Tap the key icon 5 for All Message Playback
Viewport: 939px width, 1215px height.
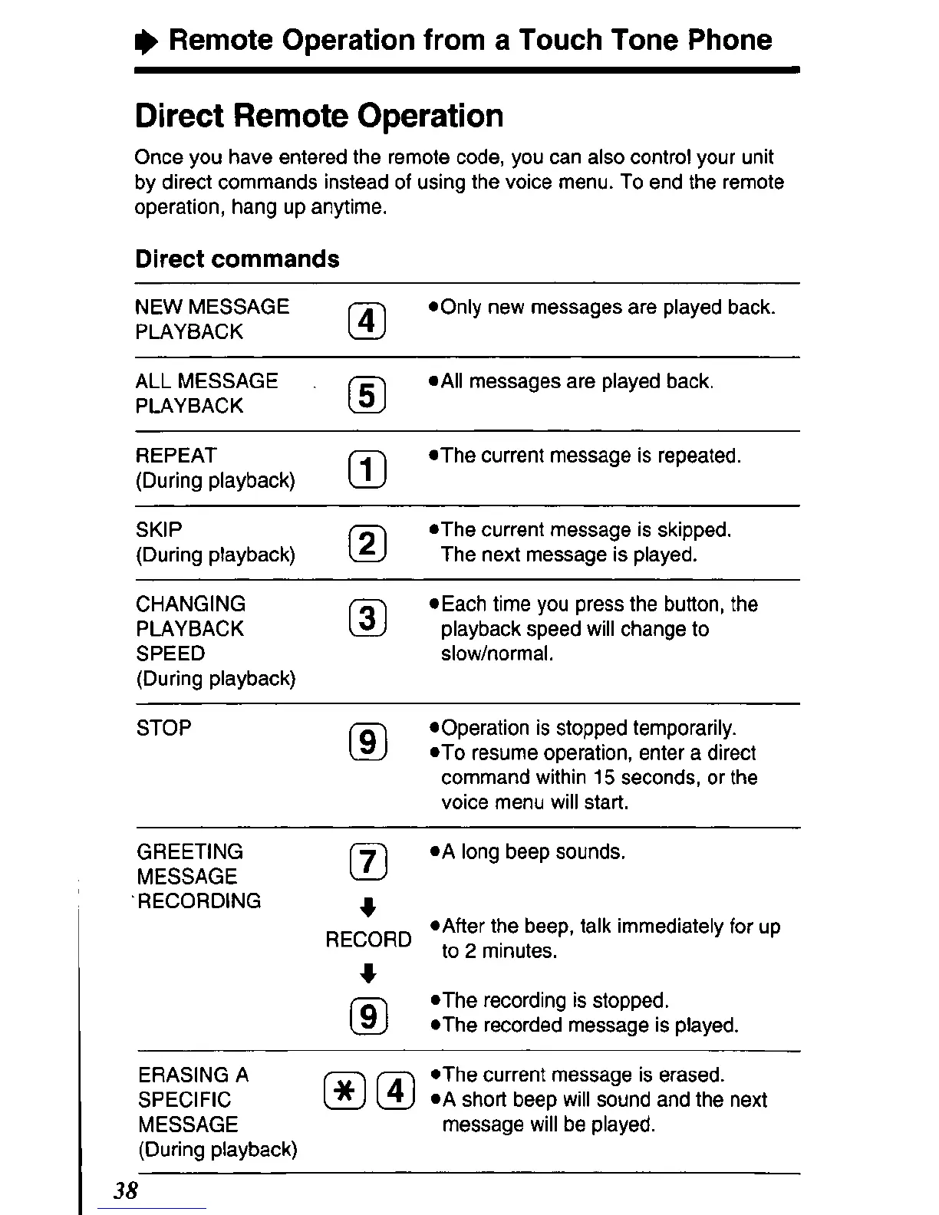pos(367,396)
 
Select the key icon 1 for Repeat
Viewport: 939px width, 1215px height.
pos(367,470)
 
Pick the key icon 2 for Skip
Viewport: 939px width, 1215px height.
pos(367,544)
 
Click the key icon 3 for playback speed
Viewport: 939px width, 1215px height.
pos(367,618)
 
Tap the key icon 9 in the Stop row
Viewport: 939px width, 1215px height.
pos(367,742)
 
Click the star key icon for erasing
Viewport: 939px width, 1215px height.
pos(344,1091)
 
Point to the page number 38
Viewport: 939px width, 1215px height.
pos(125,1190)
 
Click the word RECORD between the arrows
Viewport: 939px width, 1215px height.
pos(368,940)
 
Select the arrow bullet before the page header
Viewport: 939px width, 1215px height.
pos(145,41)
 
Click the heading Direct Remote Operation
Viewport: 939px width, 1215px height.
pos(319,117)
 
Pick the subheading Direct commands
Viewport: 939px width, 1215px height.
pos(237,259)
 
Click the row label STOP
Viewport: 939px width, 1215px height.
pos(163,728)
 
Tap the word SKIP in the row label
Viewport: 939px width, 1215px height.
pos(159,530)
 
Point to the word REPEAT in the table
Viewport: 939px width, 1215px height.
pos(176,456)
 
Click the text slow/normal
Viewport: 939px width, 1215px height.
pos(496,654)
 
